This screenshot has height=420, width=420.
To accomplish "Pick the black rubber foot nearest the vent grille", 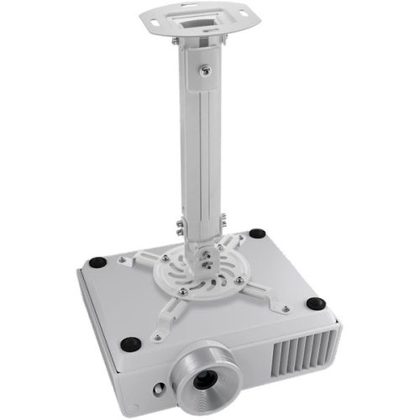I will tap(315, 303).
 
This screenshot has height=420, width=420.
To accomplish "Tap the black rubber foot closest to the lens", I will tap(130, 343).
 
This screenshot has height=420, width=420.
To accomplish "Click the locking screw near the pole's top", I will tap(203, 72).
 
